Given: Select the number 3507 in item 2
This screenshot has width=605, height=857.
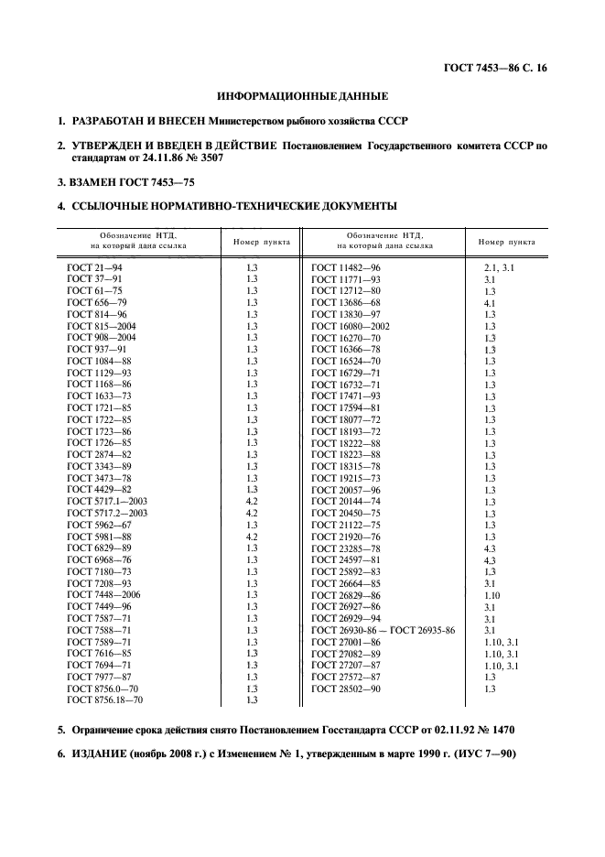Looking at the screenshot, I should (207, 158).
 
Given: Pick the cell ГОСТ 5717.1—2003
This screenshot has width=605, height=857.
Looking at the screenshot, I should (107, 501).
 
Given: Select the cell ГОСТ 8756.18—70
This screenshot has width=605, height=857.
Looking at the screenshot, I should (105, 700).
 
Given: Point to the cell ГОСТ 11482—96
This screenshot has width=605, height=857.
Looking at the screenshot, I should (346, 266).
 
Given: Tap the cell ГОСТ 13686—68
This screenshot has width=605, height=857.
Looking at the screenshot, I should (346, 301).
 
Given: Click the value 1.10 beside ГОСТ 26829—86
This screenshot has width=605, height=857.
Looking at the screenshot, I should (492, 594).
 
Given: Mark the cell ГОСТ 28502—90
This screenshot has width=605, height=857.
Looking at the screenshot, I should (346, 689).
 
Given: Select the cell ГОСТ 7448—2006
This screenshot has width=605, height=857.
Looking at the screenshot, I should (103, 594).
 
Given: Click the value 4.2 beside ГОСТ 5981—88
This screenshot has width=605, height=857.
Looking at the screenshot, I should (253, 537).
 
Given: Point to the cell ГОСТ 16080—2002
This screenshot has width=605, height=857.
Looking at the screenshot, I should (351, 325).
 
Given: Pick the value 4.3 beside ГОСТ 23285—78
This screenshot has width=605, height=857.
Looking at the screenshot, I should (490, 548).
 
